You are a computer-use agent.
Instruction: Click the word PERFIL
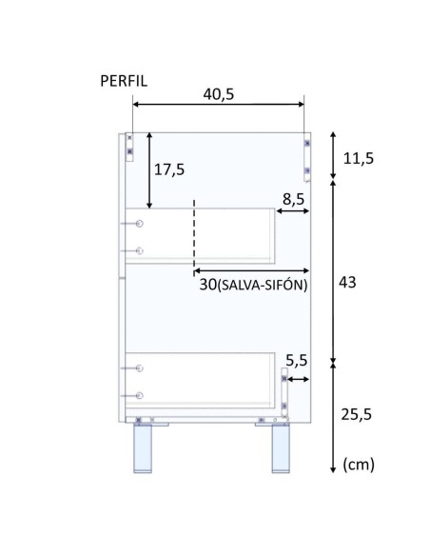pyautogui.click(x=124, y=81)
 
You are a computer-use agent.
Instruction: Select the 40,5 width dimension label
pyautogui.click(x=219, y=94)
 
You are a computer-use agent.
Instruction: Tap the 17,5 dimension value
pyautogui.click(x=169, y=169)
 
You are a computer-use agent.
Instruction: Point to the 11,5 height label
pyautogui.click(x=359, y=158)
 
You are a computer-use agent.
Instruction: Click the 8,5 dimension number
pyautogui.click(x=293, y=199)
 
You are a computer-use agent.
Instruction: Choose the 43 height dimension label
pyautogui.click(x=347, y=283)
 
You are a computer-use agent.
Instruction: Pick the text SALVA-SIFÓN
pyautogui.click(x=262, y=285)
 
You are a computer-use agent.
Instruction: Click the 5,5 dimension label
pyautogui.click(x=297, y=361)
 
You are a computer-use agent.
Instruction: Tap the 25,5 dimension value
pyautogui.click(x=357, y=414)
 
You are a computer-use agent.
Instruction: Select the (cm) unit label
pyautogui.click(x=359, y=465)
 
